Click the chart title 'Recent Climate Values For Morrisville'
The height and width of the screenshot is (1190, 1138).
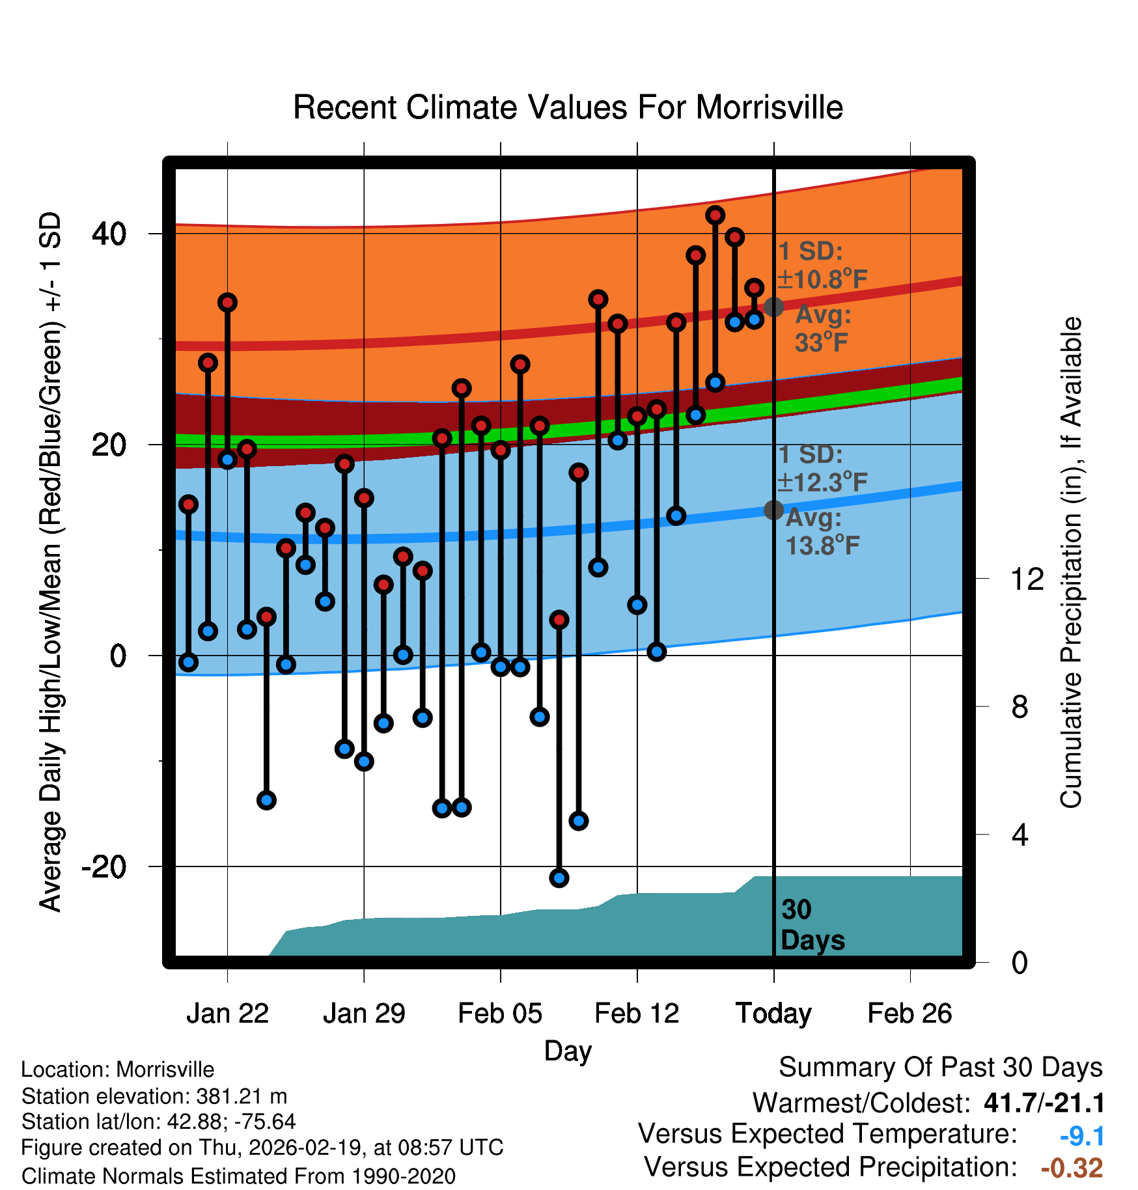pos(568,108)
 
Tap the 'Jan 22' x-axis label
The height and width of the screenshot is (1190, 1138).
pos(227,1014)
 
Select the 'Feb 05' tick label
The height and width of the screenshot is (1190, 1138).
pos(500,1014)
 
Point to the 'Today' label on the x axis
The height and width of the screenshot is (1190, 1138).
pos(773,1014)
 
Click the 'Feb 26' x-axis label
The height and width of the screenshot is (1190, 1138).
pos(909,1014)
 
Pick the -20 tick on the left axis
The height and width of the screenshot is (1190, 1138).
pos(104,866)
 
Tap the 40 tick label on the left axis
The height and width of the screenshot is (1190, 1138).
pos(109,233)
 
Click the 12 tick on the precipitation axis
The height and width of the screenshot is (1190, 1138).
pos(1027,579)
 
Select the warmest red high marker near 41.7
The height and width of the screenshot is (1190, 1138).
pos(715,215)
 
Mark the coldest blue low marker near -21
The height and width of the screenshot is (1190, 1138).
pos(559,878)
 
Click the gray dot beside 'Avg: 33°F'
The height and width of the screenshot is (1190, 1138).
pos(773,307)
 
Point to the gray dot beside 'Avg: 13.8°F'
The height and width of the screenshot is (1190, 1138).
pos(773,510)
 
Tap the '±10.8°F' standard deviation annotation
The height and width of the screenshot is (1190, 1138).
pos(822,280)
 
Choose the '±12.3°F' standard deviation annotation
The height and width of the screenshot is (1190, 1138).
pos(822,483)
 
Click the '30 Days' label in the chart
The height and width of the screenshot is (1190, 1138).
pos(812,925)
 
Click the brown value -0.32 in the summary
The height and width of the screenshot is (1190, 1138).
pos(1072,1168)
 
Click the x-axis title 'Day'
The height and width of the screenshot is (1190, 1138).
pos(568,1051)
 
